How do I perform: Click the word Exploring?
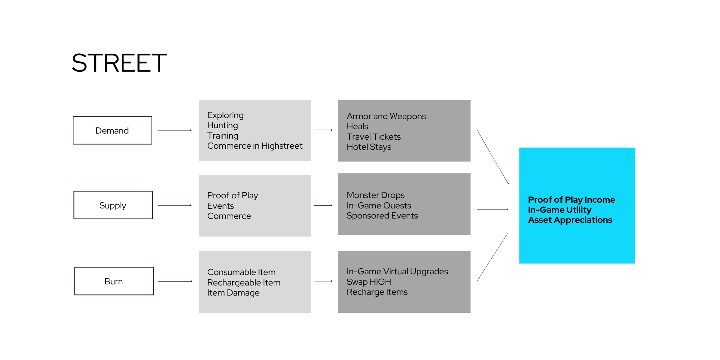tap(225, 115)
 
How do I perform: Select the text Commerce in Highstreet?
tap(255, 146)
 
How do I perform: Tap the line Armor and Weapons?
tap(386, 116)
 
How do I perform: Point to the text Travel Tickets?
tap(374, 137)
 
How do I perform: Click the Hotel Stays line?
tap(369, 147)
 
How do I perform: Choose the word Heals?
tap(357, 126)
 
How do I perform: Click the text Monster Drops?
tap(375, 195)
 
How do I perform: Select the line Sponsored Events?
tap(382, 216)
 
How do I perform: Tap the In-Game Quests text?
tap(379, 206)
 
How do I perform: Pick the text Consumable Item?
tap(241, 272)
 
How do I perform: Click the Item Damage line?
tap(233, 293)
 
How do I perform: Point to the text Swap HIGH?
tap(369, 282)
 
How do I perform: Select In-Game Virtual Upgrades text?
tap(397, 271)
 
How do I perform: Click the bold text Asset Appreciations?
tap(570, 220)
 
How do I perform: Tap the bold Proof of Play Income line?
tap(571, 200)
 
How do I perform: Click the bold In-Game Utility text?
tap(559, 210)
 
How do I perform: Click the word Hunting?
tap(222, 125)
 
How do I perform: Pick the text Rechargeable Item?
tap(244, 283)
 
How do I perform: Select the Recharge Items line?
tap(377, 292)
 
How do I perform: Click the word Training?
tap(223, 136)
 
